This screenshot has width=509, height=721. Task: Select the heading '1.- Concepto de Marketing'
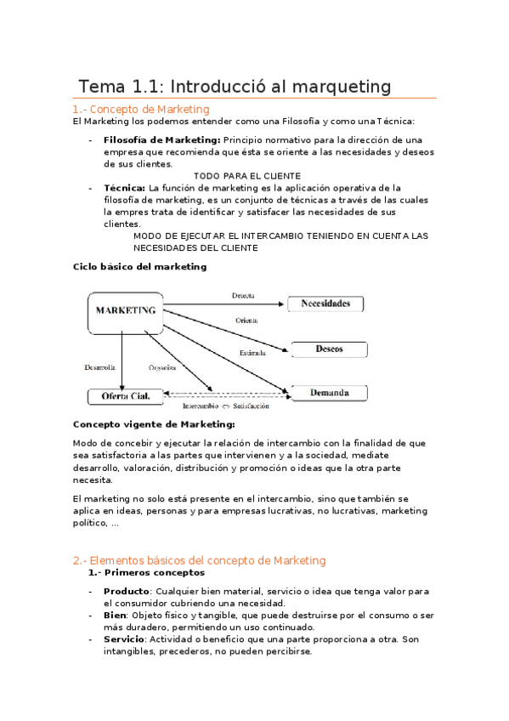[x=141, y=109]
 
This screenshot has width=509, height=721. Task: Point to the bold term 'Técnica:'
[x=124, y=188]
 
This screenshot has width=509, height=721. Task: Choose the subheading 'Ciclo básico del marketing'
[x=140, y=266]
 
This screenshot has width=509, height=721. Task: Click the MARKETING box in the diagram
[x=125, y=311]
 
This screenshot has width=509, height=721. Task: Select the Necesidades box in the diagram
[x=325, y=304]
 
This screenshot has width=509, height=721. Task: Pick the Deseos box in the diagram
[x=330, y=349]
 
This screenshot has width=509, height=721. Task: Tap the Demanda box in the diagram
[x=330, y=393]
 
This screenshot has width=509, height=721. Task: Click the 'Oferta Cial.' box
[x=124, y=396]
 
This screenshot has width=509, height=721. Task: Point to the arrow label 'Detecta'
[x=244, y=297]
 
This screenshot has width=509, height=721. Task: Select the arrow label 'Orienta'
[x=247, y=321]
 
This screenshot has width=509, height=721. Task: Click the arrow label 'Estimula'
[x=252, y=352]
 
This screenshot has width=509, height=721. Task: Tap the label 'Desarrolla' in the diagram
[x=99, y=368]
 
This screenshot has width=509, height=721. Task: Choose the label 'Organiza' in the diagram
[x=162, y=368]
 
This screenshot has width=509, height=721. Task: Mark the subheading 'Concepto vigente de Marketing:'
[x=155, y=424]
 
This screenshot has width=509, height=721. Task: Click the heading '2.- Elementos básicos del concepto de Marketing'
[x=200, y=560]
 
